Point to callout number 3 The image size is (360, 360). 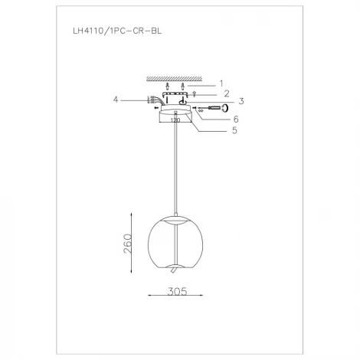pos(241,100)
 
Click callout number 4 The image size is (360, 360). pos(116,98)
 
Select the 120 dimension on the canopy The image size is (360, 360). pos(175,121)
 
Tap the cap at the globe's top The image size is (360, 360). pos(177,221)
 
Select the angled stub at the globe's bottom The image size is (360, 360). pos(174,270)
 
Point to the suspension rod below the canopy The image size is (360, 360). pos(178,169)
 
